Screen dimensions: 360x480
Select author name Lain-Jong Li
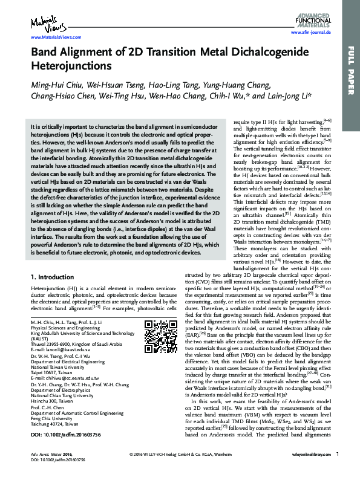coord(289,95)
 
